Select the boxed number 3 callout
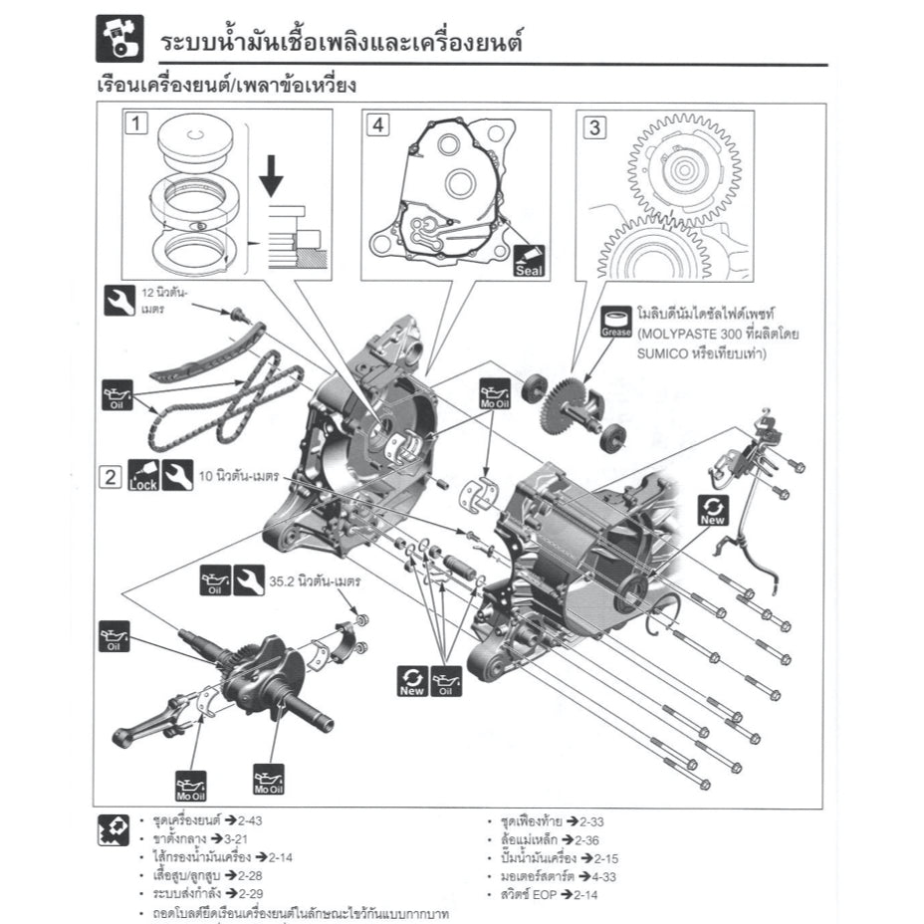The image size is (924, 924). (594, 126)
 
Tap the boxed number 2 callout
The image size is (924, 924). (112, 476)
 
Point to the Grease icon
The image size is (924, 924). (616, 321)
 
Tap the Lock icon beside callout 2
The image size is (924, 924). (144, 476)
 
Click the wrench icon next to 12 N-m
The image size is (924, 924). (118, 299)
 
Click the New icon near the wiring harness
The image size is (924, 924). (713, 508)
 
